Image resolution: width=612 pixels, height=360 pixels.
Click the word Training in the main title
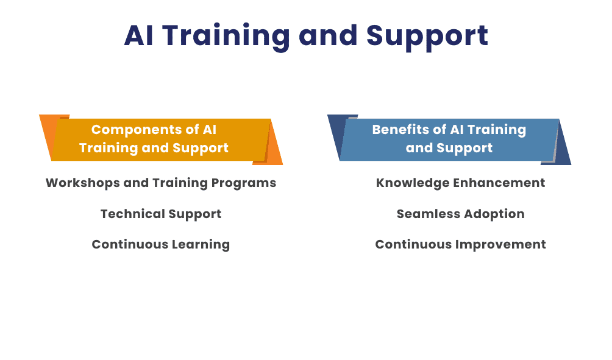pyautogui.click(x=226, y=36)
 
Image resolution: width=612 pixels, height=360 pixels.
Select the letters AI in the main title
pyautogui.click(x=138, y=36)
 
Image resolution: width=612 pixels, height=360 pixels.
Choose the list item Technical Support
pyautogui.click(x=160, y=214)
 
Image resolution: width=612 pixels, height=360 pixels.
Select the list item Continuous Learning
pyautogui.click(x=160, y=244)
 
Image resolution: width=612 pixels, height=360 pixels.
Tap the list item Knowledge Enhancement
pyautogui.click(x=460, y=183)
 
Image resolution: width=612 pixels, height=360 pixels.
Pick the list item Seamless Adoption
pyautogui.click(x=460, y=214)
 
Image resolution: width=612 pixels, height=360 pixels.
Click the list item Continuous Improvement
pyautogui.click(x=460, y=244)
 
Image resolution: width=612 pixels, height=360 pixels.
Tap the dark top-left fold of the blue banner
pyautogui.click(x=336, y=125)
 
